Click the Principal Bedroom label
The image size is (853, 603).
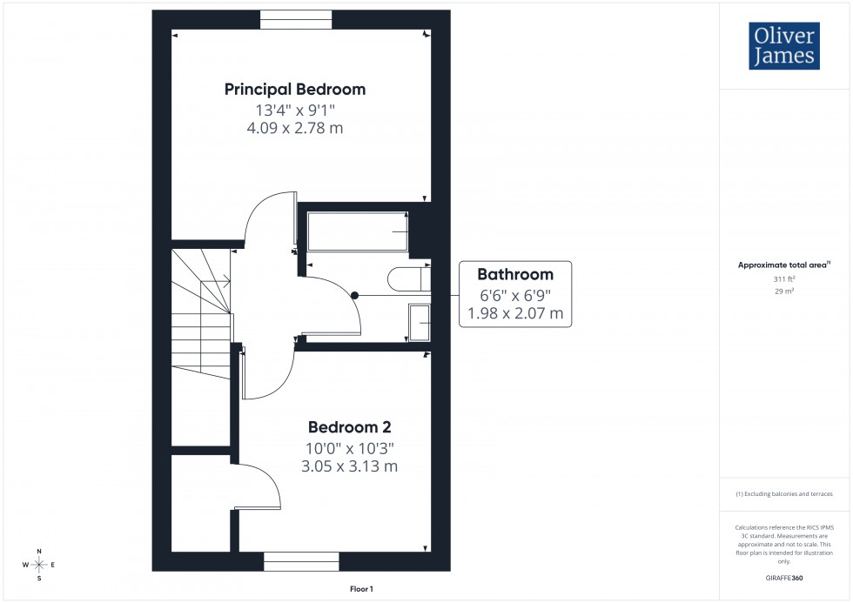pyautogui.click(x=295, y=89)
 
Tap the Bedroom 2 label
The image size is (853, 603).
pyautogui.click(x=349, y=427)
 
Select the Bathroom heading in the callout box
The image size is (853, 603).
pyautogui.click(x=515, y=275)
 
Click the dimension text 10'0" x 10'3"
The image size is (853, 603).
pyautogui.click(x=349, y=448)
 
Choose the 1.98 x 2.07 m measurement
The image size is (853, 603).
pyautogui.click(x=515, y=312)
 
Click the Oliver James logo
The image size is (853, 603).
pyautogui.click(x=783, y=46)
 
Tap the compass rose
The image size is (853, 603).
pyautogui.click(x=39, y=565)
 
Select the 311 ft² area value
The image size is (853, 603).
pyautogui.click(x=785, y=279)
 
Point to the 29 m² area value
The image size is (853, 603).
pyautogui.click(x=785, y=291)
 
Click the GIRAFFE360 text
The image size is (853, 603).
pyautogui.click(x=785, y=577)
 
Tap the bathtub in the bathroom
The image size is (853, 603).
pyautogui.click(x=358, y=231)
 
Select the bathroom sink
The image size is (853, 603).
pyautogui.click(x=419, y=323)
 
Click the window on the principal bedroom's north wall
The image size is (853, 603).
pyautogui.click(x=296, y=19)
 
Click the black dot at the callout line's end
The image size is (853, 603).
pyautogui.click(x=355, y=296)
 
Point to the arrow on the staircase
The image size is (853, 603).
pyautogui.click(x=225, y=281)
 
